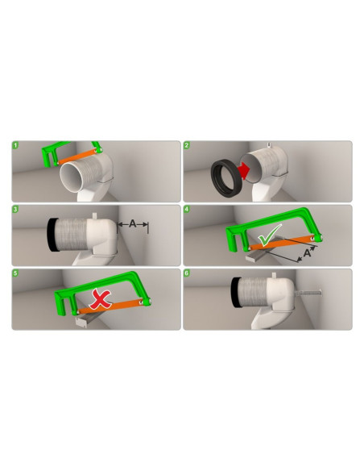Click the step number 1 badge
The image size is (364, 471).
15,146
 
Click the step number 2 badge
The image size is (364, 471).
187,146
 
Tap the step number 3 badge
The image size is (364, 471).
15,210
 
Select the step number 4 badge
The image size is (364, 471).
187,210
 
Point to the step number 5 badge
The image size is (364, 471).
15,273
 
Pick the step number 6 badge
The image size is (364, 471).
187,273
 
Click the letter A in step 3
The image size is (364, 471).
134,225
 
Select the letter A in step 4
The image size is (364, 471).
307,254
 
